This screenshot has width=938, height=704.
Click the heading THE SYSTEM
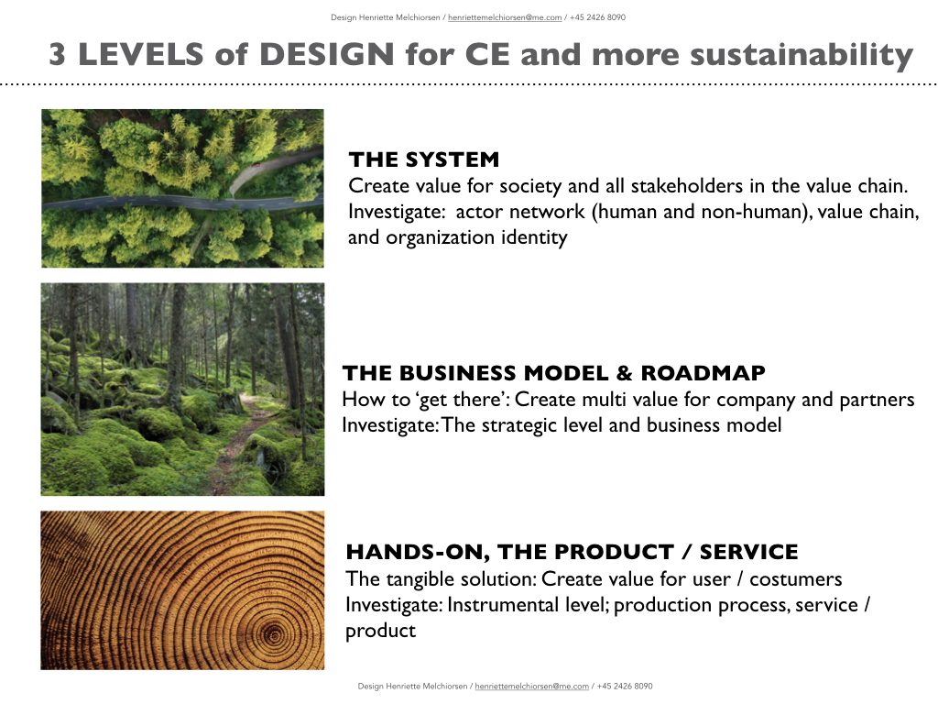[423, 159]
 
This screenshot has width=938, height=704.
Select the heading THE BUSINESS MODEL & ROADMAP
[553, 373]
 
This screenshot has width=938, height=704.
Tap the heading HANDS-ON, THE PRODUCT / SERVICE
[572, 552]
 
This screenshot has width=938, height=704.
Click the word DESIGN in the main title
[327, 54]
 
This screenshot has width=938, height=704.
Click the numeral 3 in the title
[58, 54]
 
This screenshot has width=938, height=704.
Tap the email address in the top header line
[505, 17]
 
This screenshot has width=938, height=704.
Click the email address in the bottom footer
[532, 686]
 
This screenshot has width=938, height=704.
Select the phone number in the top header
[597, 17]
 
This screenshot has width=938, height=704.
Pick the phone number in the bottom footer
[625, 686]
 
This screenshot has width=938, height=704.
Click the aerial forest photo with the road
[182, 188]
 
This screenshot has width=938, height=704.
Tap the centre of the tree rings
[274, 632]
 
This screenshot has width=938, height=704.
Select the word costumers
[796, 579]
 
